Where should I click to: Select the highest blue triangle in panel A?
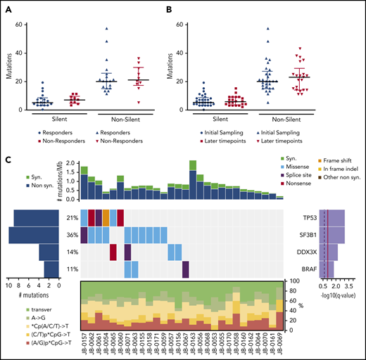click(107, 29)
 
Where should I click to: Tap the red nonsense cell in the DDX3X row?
click(113, 252)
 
